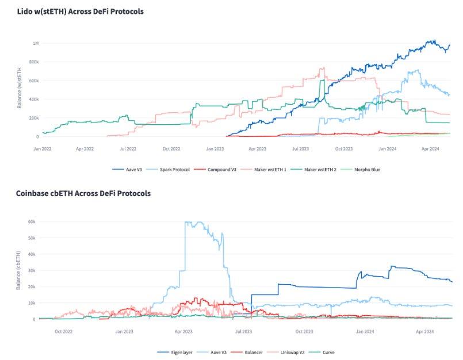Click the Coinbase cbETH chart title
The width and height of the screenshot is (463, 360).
point(83,193)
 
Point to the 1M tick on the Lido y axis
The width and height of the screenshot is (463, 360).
point(35,44)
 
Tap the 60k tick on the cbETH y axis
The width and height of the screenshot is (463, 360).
point(33,221)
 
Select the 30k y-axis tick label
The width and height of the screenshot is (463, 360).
point(33,270)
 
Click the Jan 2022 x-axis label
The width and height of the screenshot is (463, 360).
point(43,148)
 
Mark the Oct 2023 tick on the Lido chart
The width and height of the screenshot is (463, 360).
point(343,148)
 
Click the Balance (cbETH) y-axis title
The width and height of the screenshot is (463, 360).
point(19,270)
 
